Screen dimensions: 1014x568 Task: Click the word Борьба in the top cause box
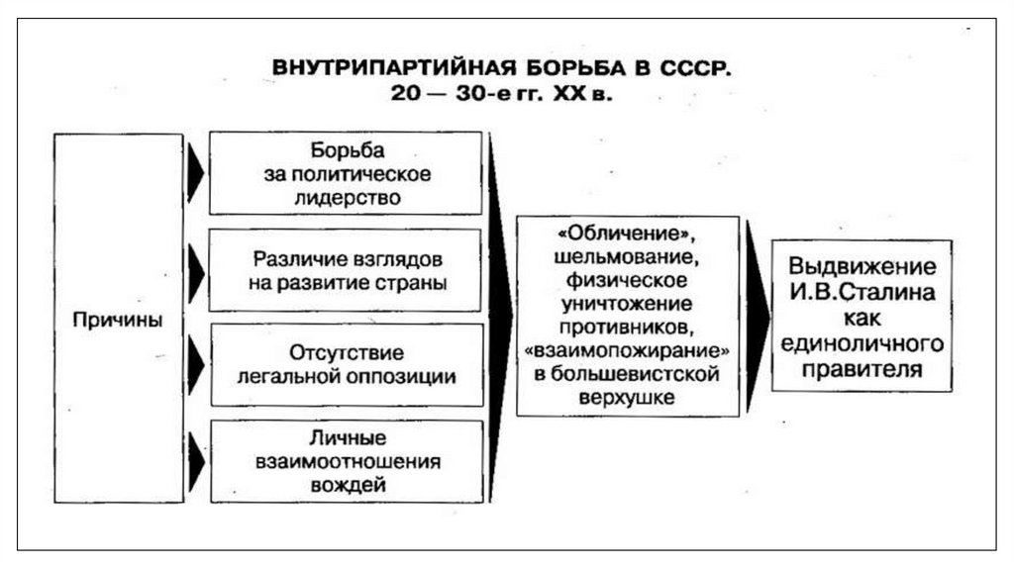(x=347, y=150)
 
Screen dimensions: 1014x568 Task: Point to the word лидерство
(x=347, y=196)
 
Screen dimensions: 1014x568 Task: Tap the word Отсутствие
(x=347, y=352)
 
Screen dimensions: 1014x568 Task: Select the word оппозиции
(x=408, y=376)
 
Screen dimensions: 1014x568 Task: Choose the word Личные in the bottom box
(x=347, y=437)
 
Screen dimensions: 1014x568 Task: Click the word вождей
(x=347, y=485)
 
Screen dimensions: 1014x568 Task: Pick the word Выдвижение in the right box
(x=862, y=267)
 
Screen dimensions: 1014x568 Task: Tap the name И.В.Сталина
(x=862, y=293)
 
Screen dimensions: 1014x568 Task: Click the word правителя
(x=862, y=369)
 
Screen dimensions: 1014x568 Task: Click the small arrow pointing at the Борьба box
(x=196, y=173)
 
